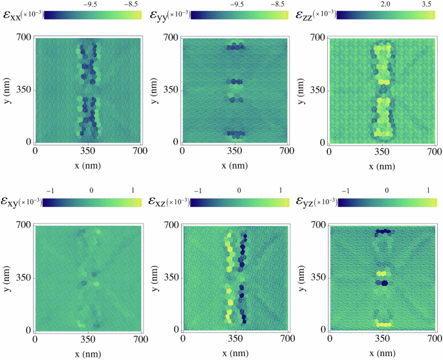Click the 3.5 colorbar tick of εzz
(427, 3)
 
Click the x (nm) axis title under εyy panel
(235, 165)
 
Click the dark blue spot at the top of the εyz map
(384, 231)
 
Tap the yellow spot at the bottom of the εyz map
(384, 324)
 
